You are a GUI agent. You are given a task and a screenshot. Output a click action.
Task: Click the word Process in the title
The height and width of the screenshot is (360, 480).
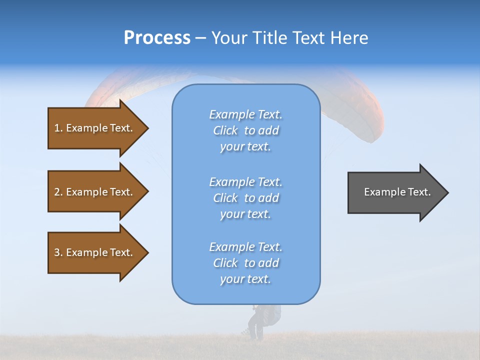[157, 38]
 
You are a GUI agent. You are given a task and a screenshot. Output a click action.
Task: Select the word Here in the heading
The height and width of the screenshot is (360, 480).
[349, 38]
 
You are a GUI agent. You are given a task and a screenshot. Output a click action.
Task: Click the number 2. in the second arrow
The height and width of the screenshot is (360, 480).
[58, 192]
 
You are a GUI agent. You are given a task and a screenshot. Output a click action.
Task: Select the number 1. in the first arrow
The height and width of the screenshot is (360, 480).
[58, 128]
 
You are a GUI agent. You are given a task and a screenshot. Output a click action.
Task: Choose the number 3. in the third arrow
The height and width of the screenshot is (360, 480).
[58, 252]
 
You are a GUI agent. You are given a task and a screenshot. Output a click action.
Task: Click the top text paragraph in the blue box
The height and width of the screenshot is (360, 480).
[245, 130]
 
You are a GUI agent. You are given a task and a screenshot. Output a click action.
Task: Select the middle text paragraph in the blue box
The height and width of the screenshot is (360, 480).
[245, 198]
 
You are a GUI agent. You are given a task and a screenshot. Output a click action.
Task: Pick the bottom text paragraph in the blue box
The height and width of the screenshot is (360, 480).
[245, 263]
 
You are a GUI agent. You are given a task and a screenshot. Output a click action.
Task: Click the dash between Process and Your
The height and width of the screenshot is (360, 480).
[200, 38]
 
